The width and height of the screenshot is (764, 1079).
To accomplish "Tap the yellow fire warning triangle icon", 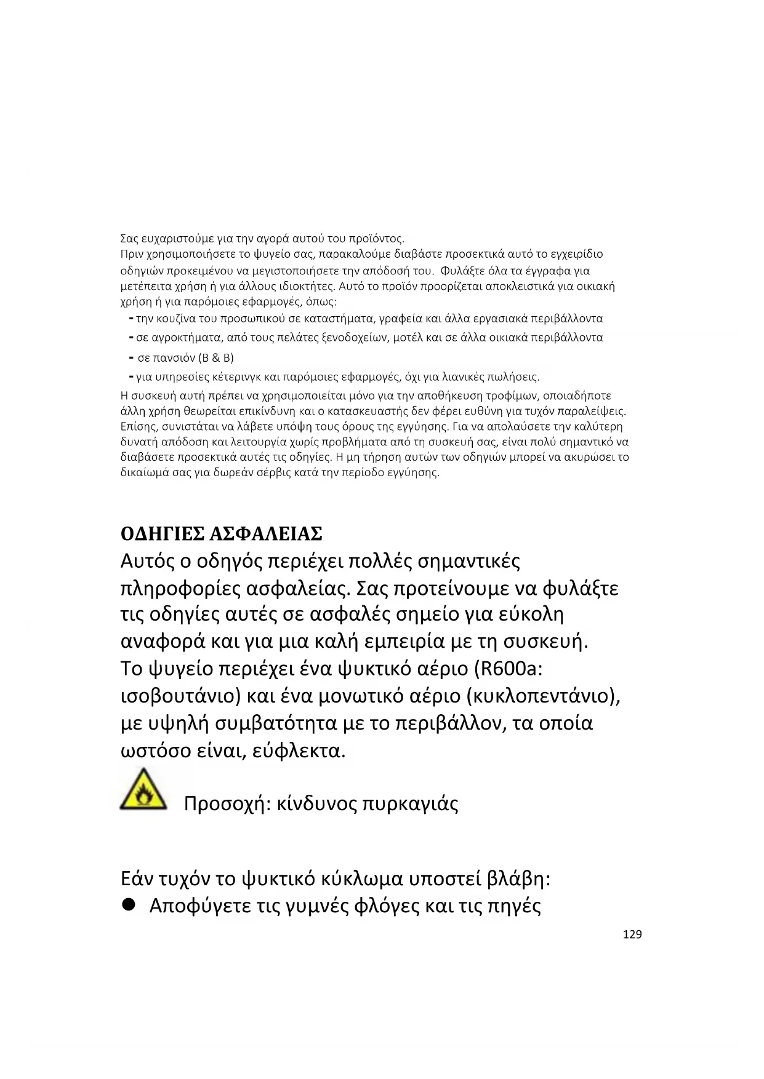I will coord(143,790).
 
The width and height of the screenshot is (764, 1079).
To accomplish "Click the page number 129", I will coord(632,934).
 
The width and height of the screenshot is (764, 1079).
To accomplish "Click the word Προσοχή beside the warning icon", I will coord(225,804).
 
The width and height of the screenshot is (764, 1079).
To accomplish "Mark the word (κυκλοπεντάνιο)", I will coord(542,696).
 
